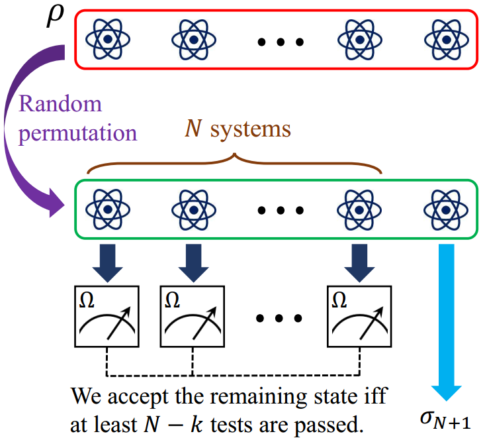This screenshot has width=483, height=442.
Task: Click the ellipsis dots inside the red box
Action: [x=281, y=42]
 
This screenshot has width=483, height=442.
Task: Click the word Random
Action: [x=60, y=104]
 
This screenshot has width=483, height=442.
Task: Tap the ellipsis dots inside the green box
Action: [x=281, y=211]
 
